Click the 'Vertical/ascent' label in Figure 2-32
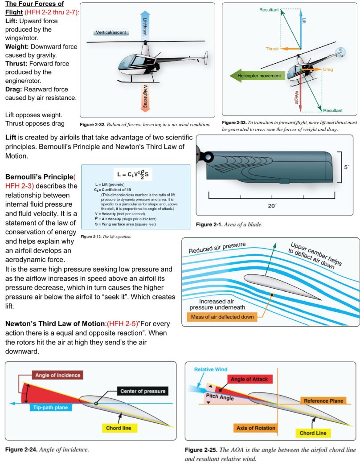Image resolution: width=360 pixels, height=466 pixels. [110, 33]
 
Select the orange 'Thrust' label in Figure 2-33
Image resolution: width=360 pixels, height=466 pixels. [272, 49]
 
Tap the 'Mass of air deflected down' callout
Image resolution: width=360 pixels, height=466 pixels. [221, 317]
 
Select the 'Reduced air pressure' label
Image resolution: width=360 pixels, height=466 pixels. [217, 248]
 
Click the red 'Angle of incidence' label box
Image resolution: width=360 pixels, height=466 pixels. [57, 375]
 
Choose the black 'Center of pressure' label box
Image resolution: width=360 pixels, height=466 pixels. [143, 391]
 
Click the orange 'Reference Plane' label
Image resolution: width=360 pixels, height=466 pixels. [323, 401]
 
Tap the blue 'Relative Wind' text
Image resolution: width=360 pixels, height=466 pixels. [211, 369]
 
